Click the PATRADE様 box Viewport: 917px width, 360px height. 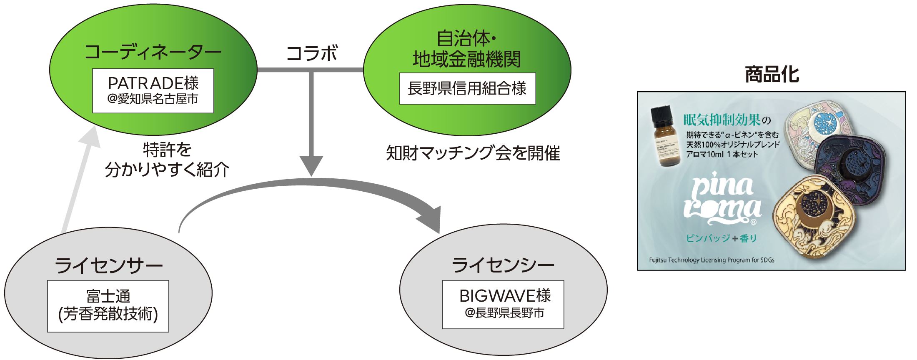pyautogui.click(x=153, y=91)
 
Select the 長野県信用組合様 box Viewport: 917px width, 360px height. pyautogui.click(x=467, y=88)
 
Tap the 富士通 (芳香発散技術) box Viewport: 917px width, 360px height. pyautogui.click(x=108, y=306)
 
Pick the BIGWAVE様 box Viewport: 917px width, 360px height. pyautogui.click(x=503, y=304)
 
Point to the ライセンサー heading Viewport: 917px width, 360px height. pyautogui.click(x=108, y=265)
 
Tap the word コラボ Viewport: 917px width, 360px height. pyautogui.click(x=312, y=53)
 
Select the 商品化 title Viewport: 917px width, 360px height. pyautogui.click(x=772, y=75)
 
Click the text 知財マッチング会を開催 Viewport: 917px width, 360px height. pyautogui.click(x=473, y=153)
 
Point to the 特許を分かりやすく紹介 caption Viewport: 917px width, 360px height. pyautogui.click(x=167, y=160)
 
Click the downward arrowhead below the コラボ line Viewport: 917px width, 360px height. pyautogui.click(x=311, y=165)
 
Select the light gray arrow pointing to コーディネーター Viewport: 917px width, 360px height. pyautogui.click(x=81, y=179)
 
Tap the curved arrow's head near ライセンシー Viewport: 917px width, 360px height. pyautogui.click(x=431, y=219)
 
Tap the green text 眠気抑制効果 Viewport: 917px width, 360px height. pyautogui.click(x=722, y=120)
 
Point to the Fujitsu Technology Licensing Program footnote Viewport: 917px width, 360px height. pyautogui.click(x=712, y=260)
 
